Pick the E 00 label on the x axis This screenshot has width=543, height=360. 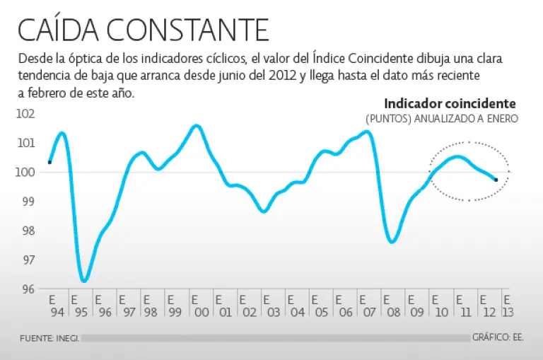click(200, 304)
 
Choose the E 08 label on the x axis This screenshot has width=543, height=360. click(392, 304)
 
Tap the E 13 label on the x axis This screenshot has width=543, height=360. click(508, 304)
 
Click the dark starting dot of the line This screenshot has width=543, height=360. click(49, 162)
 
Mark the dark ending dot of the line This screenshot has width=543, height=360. click(496, 180)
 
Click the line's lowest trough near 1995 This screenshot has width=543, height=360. click(84, 281)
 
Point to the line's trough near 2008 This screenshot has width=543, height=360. click(392, 242)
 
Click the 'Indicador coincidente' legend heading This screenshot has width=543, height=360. click(450, 104)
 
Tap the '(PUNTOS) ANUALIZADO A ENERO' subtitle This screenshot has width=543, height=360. click(442, 119)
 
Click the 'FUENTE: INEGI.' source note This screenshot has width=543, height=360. click(49, 338)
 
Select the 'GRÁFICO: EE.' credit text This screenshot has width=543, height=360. click(498, 338)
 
